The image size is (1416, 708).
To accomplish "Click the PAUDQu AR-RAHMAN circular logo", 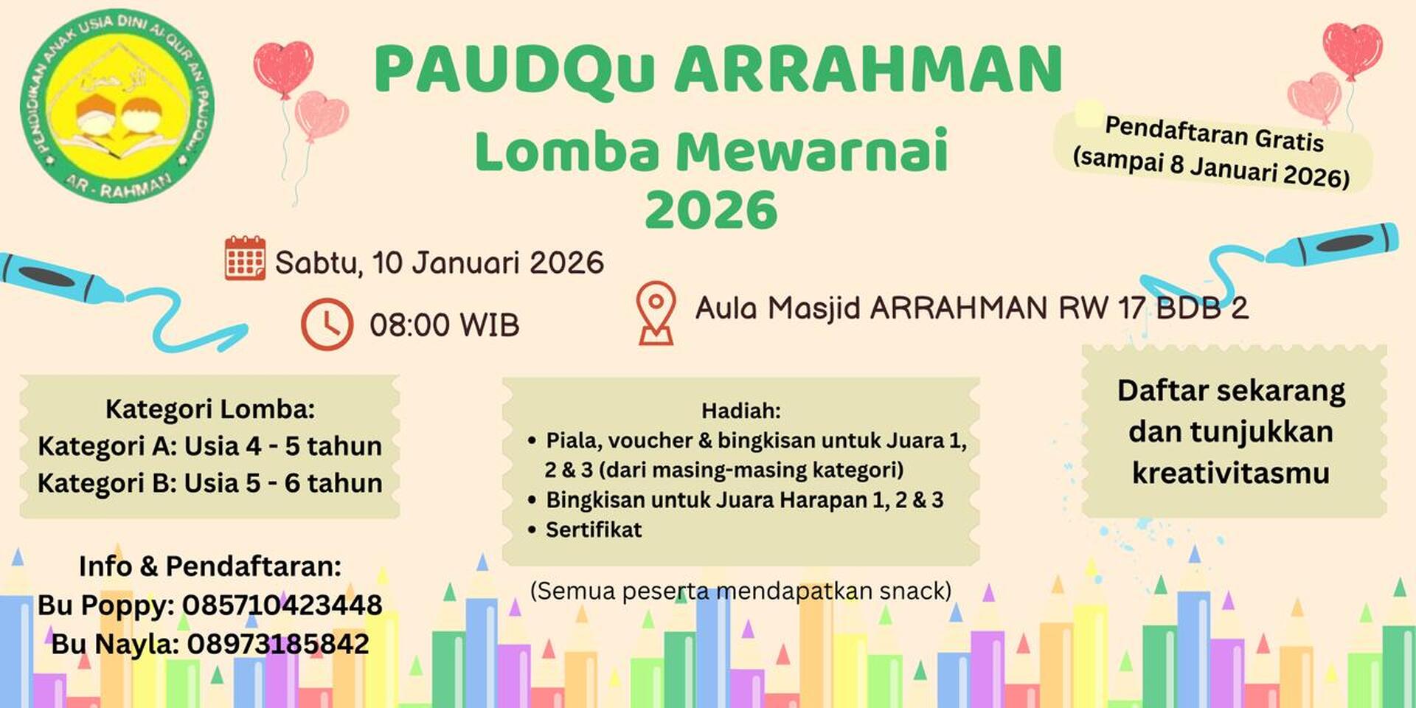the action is tap(118, 105).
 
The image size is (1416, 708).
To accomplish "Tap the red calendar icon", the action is tap(245, 258).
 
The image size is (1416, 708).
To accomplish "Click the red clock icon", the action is tap(327, 324).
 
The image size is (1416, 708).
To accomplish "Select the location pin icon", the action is tap(656, 313).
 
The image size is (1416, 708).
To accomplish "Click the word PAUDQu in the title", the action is tap(514, 70).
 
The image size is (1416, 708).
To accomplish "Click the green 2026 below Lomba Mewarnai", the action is tap(711, 210).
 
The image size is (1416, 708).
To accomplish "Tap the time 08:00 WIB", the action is tap(444, 324).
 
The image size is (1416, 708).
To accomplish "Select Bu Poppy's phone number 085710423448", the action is tap(282, 605).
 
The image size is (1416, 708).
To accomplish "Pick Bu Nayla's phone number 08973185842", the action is tap(278, 644).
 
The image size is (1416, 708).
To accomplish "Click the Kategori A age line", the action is tap(210, 446).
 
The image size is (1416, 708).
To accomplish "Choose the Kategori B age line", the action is tap(210, 483).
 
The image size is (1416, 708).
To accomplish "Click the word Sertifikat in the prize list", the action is tap(594, 530).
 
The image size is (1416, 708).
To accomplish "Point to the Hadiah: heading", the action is tap(740, 410).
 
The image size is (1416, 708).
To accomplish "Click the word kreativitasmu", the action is tap(1231, 473).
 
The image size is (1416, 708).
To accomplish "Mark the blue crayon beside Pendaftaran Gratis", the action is tap(1332, 243).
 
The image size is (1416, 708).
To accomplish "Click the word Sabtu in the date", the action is tap(318, 263).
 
